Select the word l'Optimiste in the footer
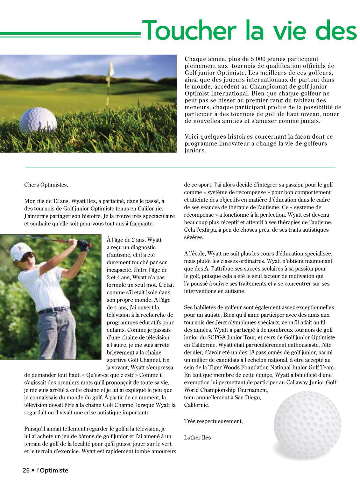[x=52, y=470]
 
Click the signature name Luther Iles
[x=197, y=437]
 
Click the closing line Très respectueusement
[x=213, y=421]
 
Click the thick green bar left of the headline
[x=70, y=35]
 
